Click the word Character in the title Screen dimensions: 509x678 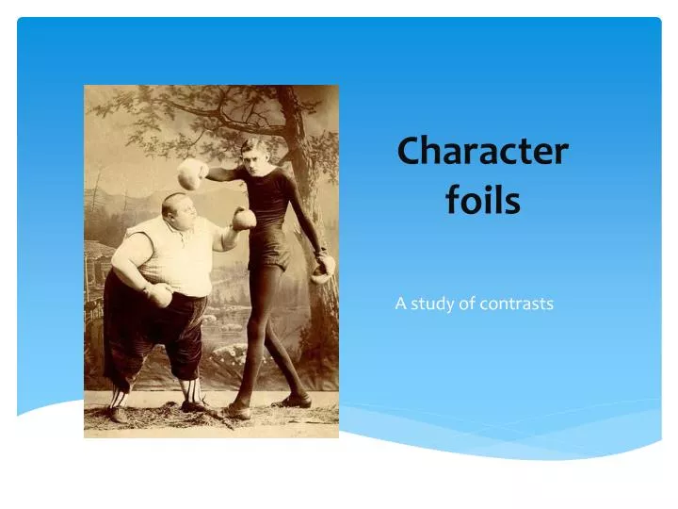482,151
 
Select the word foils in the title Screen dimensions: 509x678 482,201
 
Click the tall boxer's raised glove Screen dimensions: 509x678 193,172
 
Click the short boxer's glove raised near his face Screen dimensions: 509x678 244,219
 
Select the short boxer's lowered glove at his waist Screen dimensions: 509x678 158,295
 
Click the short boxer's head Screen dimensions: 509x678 177,212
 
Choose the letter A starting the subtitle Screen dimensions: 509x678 400,304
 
